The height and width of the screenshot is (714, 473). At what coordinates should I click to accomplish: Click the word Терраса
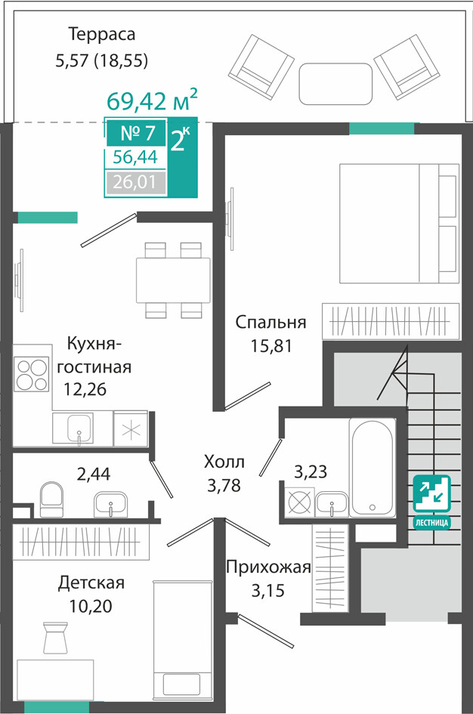pos(101,35)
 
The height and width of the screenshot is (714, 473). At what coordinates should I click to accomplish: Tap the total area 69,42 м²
pos(152,100)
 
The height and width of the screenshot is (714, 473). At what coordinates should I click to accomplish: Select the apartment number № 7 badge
pos(137,132)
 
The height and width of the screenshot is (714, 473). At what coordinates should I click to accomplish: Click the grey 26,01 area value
pos(136,183)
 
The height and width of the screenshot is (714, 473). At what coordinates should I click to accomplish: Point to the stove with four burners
pos(32,375)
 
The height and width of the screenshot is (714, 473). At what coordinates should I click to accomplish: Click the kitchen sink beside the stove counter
pos(80,428)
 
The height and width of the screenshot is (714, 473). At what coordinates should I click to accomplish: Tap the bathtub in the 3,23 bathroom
pos(372,467)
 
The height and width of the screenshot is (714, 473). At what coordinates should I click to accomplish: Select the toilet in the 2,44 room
pos(51,499)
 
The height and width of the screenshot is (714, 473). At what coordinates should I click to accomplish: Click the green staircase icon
pos(431,493)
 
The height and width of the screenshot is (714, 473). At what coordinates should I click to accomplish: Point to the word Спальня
pos(271,322)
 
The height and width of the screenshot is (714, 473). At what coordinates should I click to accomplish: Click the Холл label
pos(224,462)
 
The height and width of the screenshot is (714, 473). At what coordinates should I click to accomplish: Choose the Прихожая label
pos(268,567)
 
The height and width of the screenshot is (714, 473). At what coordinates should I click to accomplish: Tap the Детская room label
pos(91,583)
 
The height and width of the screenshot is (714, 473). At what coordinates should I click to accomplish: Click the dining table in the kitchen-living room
pos(173,280)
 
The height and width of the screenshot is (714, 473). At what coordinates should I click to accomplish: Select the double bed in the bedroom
pos(399,223)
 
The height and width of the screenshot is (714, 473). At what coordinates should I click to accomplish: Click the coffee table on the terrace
pos(335,84)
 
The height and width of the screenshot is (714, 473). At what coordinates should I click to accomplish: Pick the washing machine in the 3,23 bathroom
pos(299,502)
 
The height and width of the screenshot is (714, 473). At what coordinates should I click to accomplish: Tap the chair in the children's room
pos(55,637)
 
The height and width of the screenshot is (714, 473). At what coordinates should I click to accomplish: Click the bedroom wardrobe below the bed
pos(390,321)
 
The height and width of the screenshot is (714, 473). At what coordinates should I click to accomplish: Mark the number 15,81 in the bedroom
pos(271,346)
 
